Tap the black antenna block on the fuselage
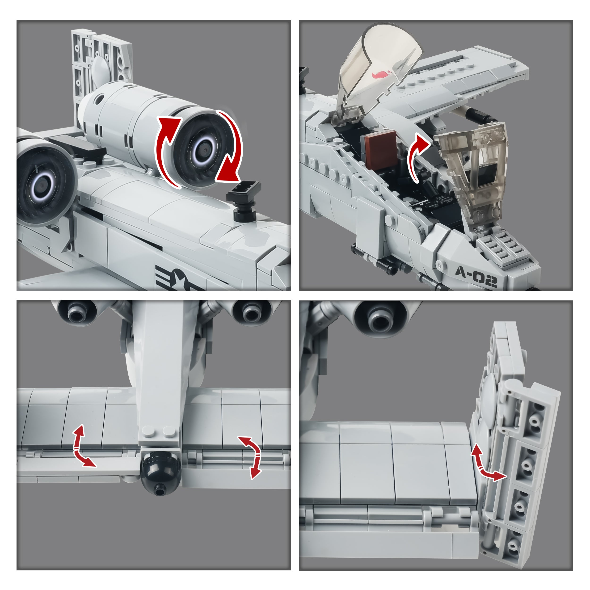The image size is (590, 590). pyautogui.click(x=244, y=202)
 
